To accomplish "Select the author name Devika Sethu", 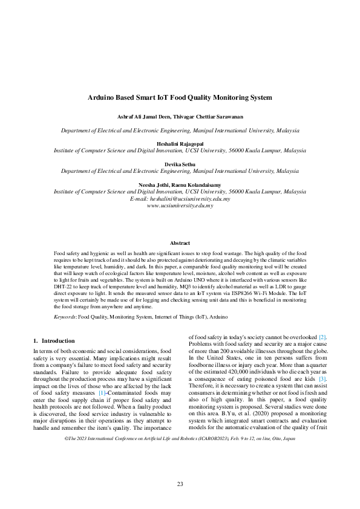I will coord(180,164).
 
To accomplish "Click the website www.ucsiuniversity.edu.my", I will coord(180,206).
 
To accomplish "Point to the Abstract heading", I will coord(180,243).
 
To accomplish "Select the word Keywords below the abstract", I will coord(65,316).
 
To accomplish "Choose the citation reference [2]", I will coord(323,336).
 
